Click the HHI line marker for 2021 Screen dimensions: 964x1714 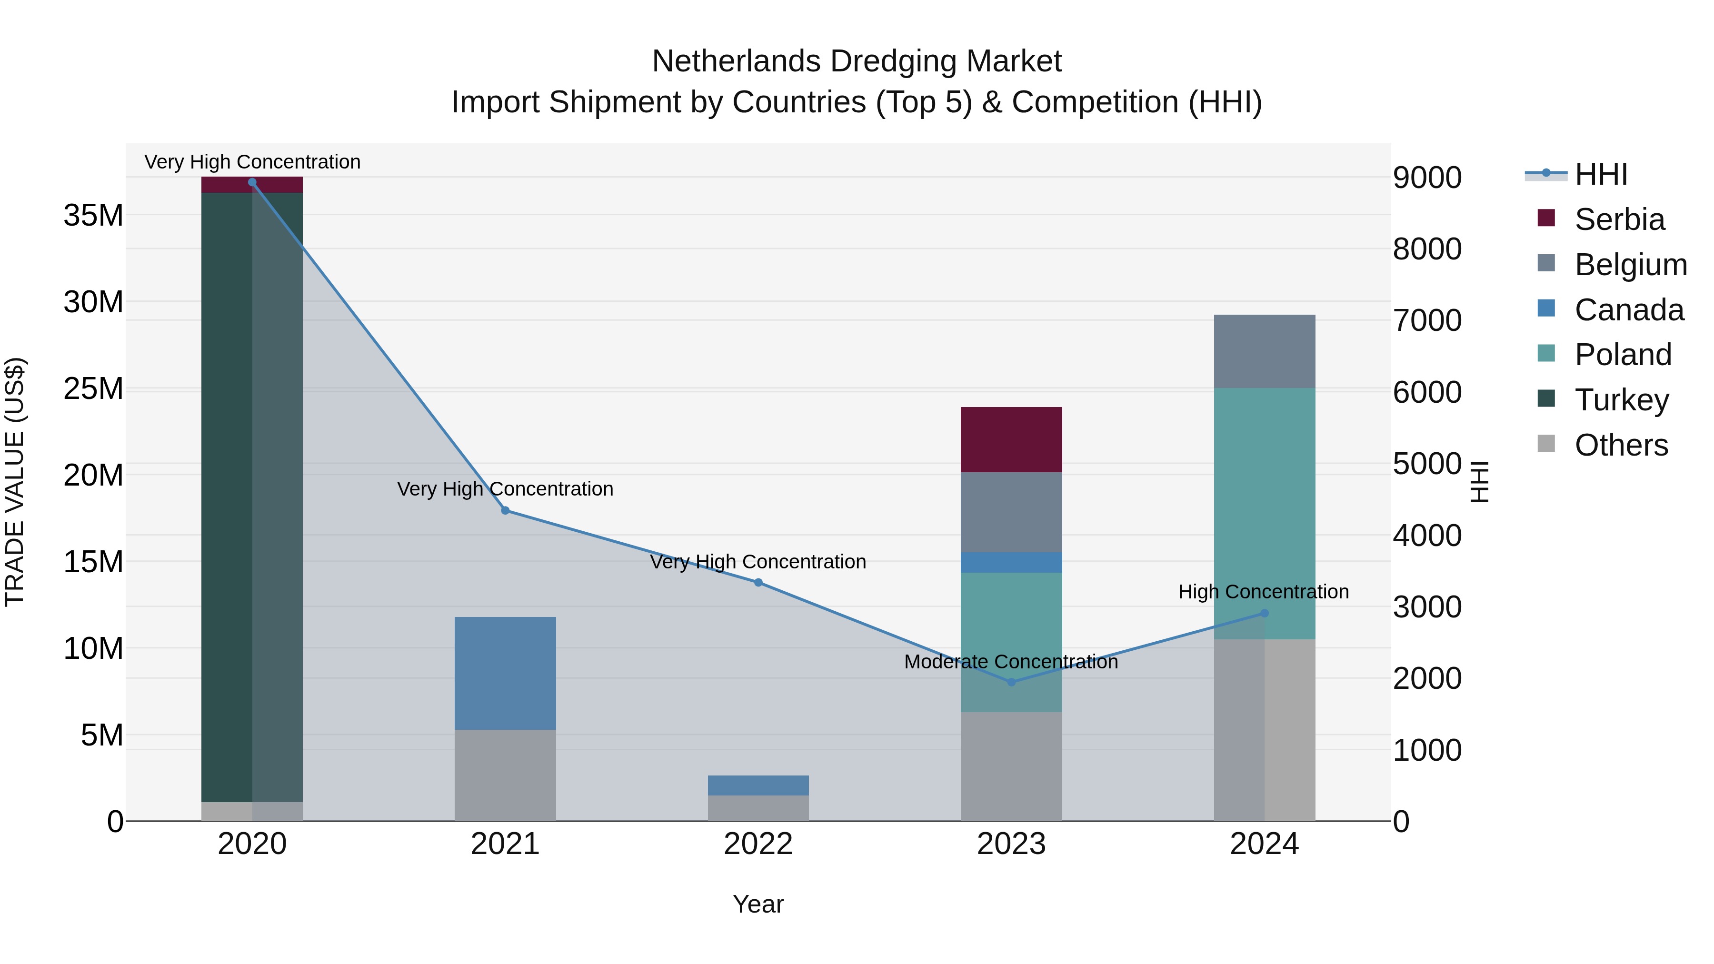pos(505,510)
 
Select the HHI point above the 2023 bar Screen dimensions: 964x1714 pos(1011,682)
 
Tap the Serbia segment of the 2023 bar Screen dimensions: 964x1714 pos(1011,439)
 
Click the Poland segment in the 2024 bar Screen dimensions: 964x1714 pos(1264,512)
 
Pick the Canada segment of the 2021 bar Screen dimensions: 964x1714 pos(505,673)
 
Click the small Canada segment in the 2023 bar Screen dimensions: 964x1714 pos(1011,562)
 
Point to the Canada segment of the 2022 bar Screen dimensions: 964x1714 pos(758,785)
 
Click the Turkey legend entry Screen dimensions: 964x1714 pos(1622,400)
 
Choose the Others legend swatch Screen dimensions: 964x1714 pos(1546,444)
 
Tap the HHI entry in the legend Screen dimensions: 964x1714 pos(1601,174)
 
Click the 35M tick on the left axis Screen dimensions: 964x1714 pos(93,216)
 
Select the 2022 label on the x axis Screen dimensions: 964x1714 pos(758,844)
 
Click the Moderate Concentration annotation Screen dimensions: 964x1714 pos(1011,662)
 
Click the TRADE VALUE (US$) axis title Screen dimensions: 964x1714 pos(15,482)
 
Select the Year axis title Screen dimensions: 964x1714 pos(758,904)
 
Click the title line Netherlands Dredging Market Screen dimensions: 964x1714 pos(857,61)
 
